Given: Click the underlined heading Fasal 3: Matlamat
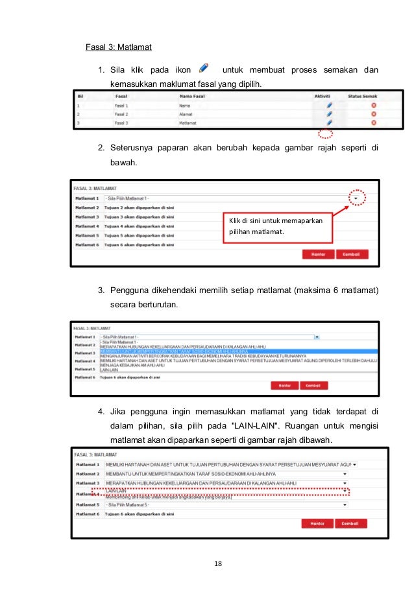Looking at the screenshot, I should click(x=119, y=47).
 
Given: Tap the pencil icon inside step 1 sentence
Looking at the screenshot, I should click(x=204, y=68).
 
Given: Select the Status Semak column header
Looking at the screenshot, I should click(x=363, y=95).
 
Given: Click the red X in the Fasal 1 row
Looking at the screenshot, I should click(x=374, y=105).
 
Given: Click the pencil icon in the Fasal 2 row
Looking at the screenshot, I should click(x=329, y=113).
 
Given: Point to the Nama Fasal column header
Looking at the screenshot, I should click(x=192, y=95).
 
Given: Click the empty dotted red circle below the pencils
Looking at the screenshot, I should click(x=326, y=134).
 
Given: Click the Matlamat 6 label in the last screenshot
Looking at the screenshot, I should click(x=88, y=513).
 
